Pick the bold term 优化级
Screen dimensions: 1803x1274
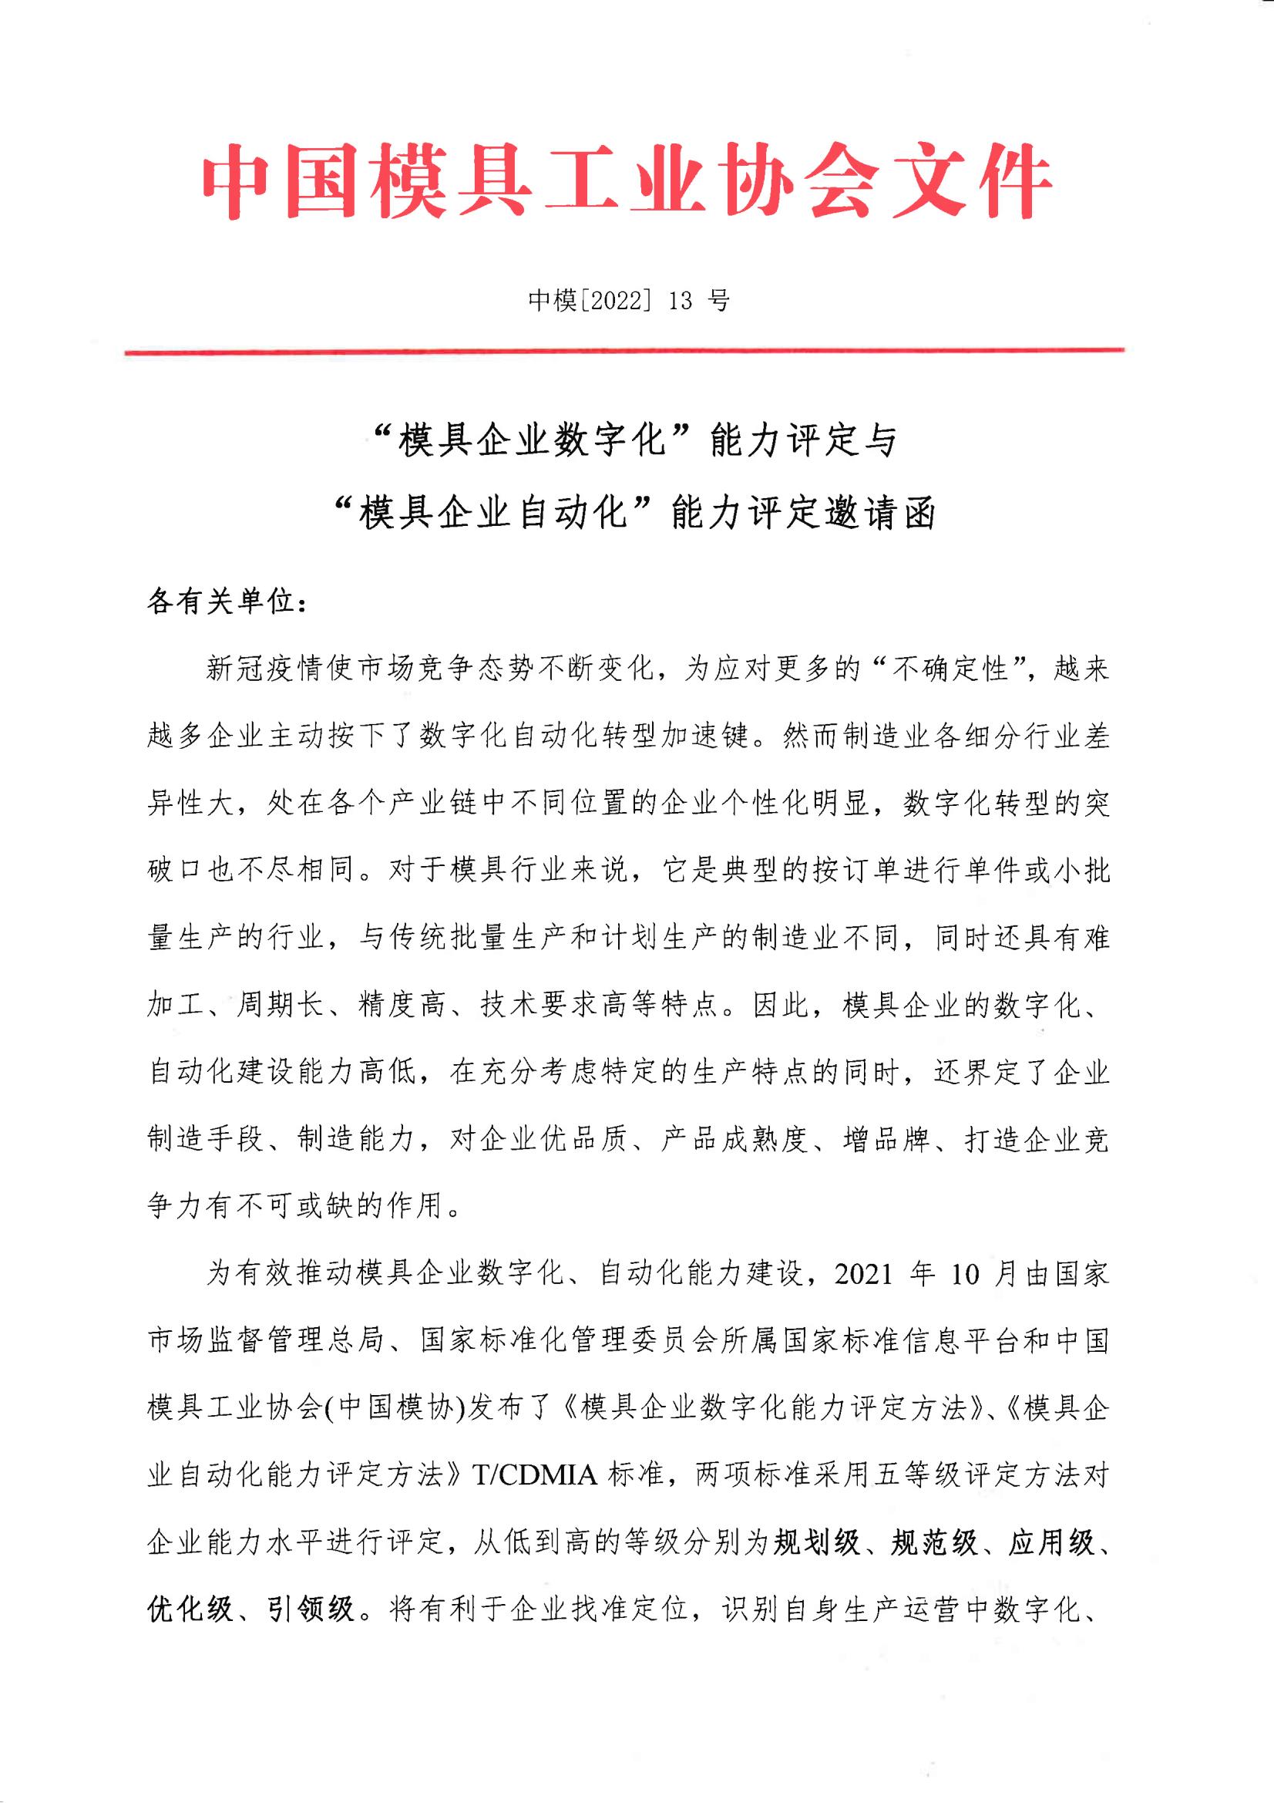(189, 1611)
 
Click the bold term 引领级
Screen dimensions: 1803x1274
(311, 1611)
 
